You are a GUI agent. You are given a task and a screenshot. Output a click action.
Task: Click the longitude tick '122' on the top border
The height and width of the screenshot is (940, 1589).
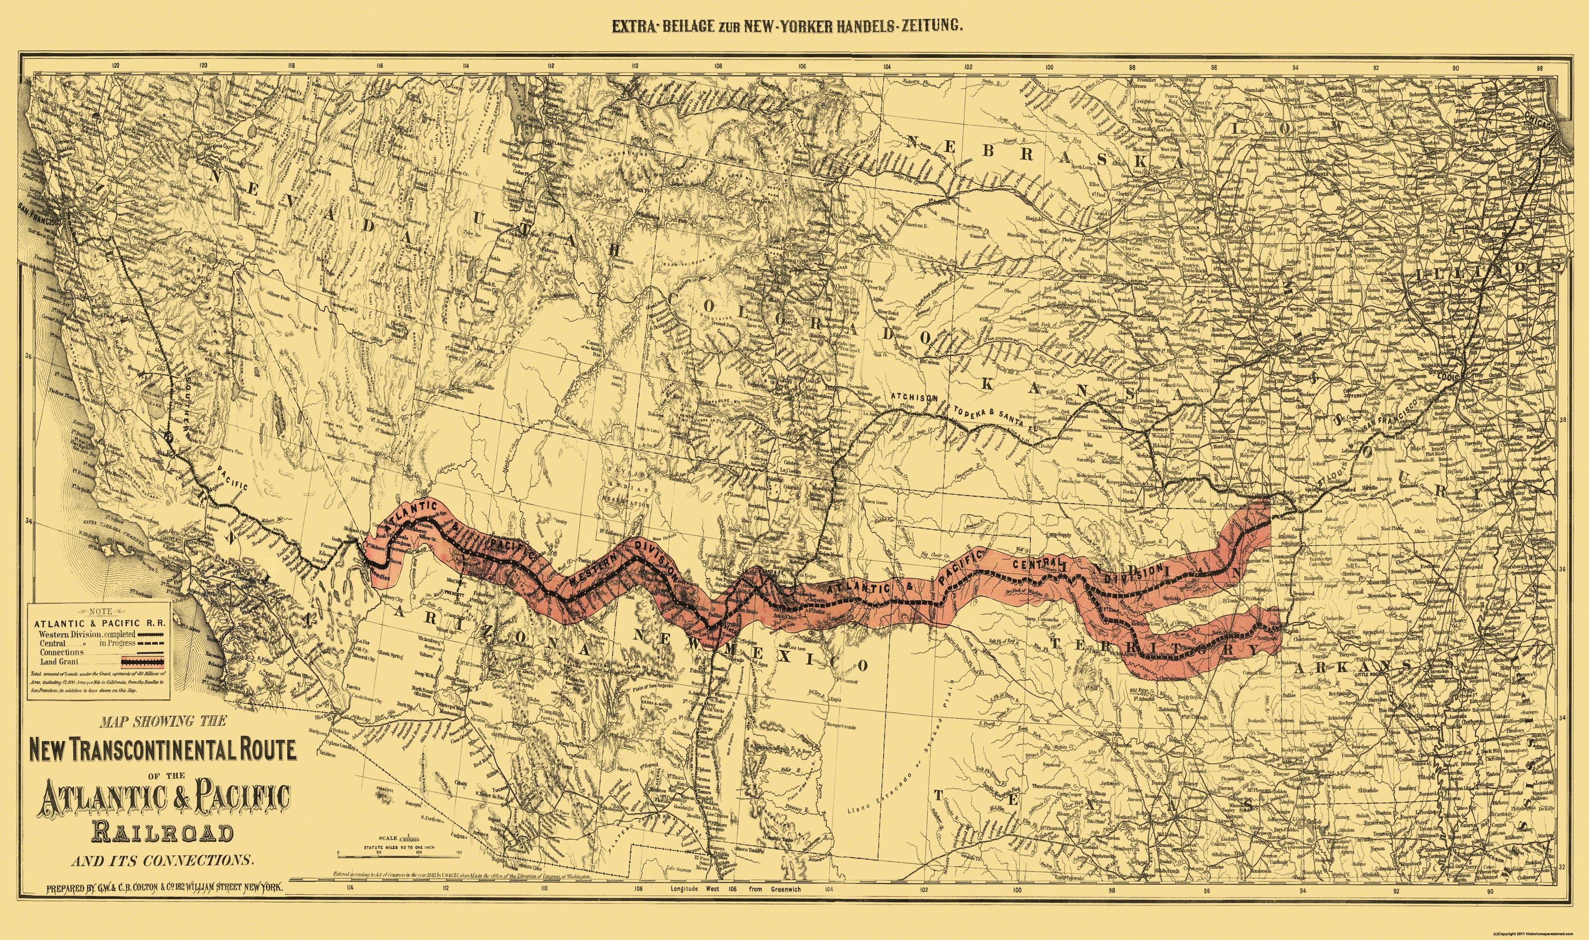tap(115, 64)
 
